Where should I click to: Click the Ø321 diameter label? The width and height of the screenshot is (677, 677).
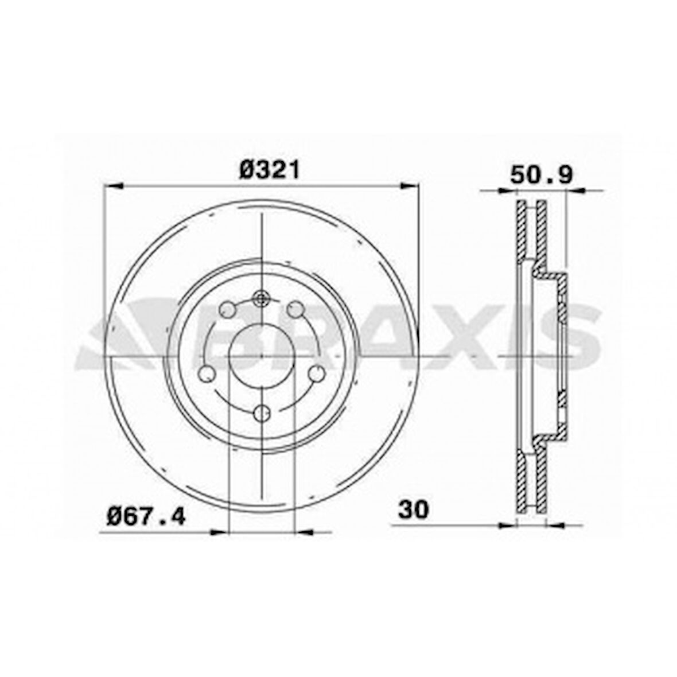point(269,170)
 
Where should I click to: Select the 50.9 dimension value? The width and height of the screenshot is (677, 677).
point(542,175)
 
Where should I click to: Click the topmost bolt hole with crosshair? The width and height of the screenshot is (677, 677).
point(262,298)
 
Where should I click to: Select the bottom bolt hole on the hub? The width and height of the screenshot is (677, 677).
point(262,412)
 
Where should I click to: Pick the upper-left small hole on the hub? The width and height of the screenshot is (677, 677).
point(228,310)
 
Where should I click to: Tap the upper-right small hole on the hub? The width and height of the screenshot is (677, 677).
point(295,310)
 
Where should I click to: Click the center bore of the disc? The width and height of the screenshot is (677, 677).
point(262,356)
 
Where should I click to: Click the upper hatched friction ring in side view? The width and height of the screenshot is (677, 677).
point(531,229)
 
